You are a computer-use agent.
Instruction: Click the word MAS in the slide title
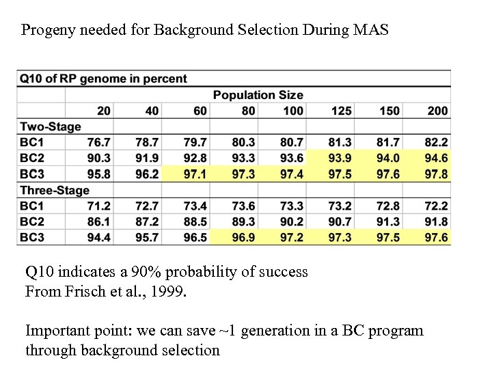pos(372,30)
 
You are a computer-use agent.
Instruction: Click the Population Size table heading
pos(258,95)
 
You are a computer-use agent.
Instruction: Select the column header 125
pos(341,111)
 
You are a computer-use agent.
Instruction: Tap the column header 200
pos(437,111)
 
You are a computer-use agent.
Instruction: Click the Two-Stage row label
pos(51,126)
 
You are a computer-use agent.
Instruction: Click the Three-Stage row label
pos(55,190)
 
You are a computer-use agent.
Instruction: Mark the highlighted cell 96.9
pos(244,237)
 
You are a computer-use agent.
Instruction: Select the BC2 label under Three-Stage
pos(33,221)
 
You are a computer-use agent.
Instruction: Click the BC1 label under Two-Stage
pos(33,142)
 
